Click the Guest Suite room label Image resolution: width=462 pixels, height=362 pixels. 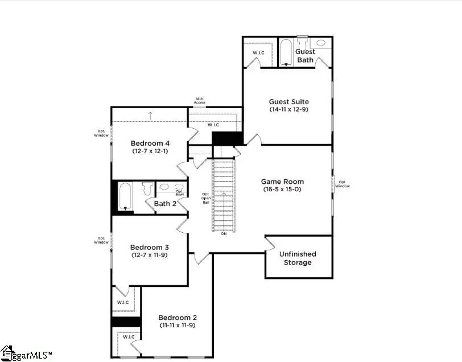tap(289, 102)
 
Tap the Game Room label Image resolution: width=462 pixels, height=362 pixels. tap(283, 182)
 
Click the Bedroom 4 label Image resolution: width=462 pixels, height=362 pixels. tap(150, 143)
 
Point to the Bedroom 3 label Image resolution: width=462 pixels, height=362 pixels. tap(150, 247)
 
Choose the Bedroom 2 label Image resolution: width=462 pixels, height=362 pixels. tap(178, 318)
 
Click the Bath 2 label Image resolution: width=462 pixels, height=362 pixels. tap(165, 204)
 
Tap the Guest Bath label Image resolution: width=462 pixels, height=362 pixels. tap(306, 56)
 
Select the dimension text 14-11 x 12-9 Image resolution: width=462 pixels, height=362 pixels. tap(289, 109)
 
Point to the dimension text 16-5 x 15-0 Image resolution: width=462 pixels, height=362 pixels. tap(283, 189)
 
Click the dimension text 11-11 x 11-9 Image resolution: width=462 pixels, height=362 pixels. tap(178, 325)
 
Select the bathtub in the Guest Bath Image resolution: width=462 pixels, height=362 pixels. tap(286, 54)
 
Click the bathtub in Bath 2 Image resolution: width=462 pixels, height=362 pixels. tap(126, 196)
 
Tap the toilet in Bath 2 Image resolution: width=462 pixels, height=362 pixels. tap(147, 188)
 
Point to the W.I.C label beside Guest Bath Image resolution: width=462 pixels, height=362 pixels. tap(258, 53)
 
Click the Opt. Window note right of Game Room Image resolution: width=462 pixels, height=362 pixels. tap(343, 184)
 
